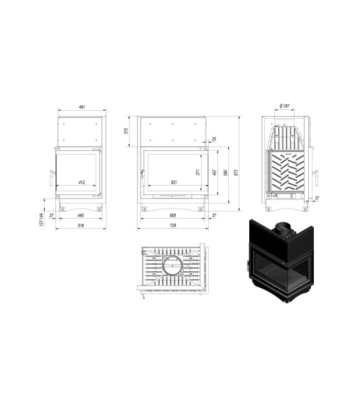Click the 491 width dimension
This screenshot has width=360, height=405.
[81, 107]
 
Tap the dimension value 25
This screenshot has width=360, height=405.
[214, 139]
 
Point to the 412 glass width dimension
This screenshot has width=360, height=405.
[81, 183]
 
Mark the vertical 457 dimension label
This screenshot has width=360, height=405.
[215, 173]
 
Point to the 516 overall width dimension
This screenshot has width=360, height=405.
[81, 227]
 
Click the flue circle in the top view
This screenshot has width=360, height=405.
[173, 269]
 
